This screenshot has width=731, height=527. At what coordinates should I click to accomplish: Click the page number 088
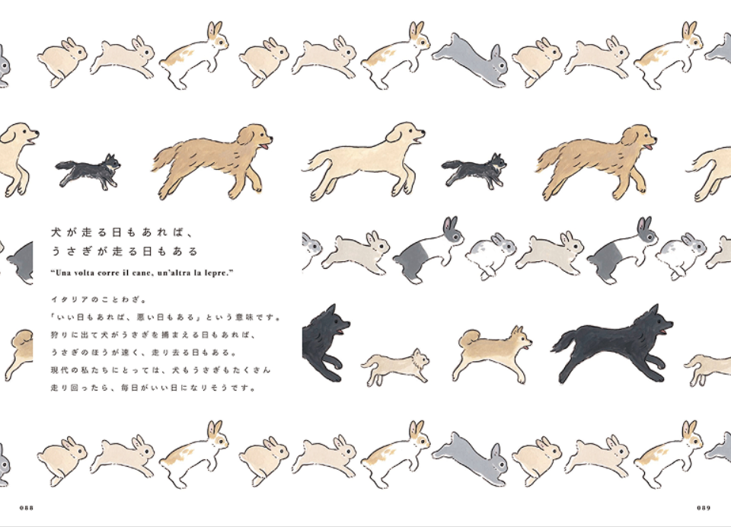tap(27, 507)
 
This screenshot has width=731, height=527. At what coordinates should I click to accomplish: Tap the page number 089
tap(704, 507)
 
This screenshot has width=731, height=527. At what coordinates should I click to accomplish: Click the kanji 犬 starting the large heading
tap(56, 232)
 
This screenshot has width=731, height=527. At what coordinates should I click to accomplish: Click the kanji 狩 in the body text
tap(55, 335)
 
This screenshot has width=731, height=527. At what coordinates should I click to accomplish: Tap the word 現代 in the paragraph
tap(59, 370)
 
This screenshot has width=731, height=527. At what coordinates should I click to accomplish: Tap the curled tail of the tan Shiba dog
tap(468, 337)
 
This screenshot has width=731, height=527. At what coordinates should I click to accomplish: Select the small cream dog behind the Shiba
tap(395, 366)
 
